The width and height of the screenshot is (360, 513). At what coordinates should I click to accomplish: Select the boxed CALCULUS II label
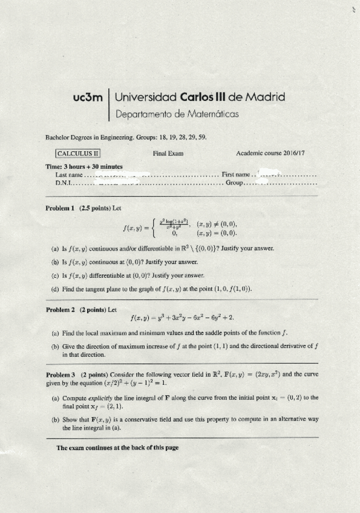point(79,154)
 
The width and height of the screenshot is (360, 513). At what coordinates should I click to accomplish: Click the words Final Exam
point(168,154)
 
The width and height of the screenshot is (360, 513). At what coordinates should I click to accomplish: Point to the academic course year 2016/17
point(292,154)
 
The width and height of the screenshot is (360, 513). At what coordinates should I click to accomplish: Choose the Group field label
point(234,182)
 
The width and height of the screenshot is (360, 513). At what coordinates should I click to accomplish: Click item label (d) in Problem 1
point(56,289)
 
